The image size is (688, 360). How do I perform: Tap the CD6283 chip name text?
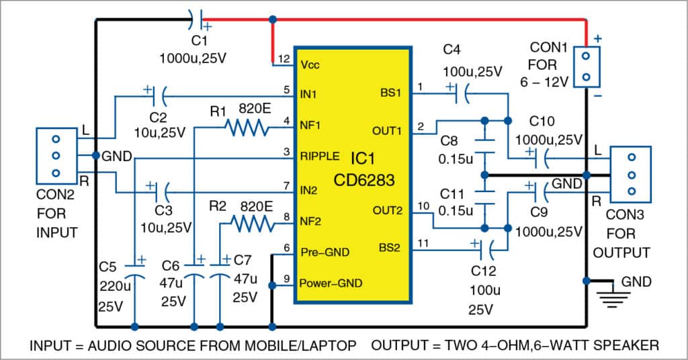[x=353, y=181]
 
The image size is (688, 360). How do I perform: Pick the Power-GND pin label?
[x=332, y=283]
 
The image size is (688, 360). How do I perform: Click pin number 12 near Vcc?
[x=284, y=58]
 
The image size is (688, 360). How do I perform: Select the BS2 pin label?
[x=390, y=248]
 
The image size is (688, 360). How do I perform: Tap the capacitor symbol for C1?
[x=195, y=17]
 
